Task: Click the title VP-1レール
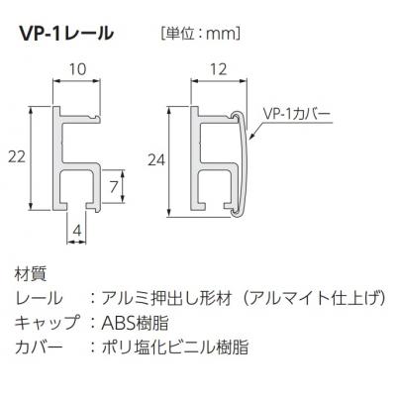click(x=66, y=33)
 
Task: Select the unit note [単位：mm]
click(x=200, y=34)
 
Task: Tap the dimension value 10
click(x=78, y=68)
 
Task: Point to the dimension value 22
click(x=17, y=156)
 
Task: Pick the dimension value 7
click(x=114, y=187)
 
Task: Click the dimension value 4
click(x=77, y=231)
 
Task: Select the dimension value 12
click(x=218, y=69)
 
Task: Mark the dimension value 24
click(x=156, y=160)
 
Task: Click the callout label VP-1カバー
click(x=297, y=114)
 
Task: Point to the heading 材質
click(x=31, y=274)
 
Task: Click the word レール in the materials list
click(x=39, y=298)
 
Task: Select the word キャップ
click(x=47, y=323)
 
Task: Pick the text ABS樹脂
click(x=135, y=323)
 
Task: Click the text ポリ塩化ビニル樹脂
click(x=175, y=346)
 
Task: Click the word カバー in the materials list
click(x=39, y=346)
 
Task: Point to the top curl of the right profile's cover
click(x=237, y=115)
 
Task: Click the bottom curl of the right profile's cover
click(x=237, y=213)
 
